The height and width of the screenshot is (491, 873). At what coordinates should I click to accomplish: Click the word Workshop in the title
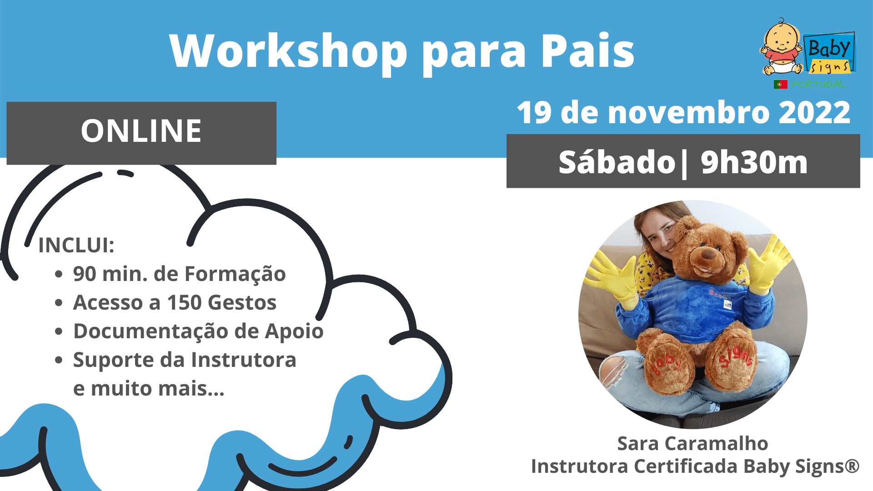pyautogui.click(x=288, y=51)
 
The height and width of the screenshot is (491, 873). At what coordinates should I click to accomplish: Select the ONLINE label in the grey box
pyautogui.click(x=141, y=131)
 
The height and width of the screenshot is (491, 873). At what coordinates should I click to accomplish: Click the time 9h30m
pyautogui.click(x=754, y=162)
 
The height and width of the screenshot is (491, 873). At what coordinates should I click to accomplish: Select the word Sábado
pyautogui.click(x=617, y=162)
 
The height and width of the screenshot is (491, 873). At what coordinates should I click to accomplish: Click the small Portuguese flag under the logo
pyautogui.click(x=781, y=85)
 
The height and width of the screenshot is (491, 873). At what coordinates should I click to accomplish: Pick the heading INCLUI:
pyautogui.click(x=76, y=245)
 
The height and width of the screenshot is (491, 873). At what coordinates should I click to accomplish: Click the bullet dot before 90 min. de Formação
pyautogui.click(x=59, y=274)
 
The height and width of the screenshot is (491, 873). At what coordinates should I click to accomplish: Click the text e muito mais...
pyautogui.click(x=149, y=389)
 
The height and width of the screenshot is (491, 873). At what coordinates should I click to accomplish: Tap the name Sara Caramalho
pyautogui.click(x=692, y=443)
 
